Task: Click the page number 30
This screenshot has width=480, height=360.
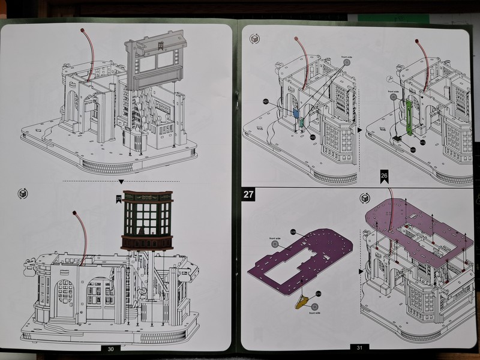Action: [110, 348]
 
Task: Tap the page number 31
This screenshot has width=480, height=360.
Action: [359, 347]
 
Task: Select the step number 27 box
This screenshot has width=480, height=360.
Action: [248, 195]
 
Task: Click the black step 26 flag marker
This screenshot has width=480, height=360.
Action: [383, 176]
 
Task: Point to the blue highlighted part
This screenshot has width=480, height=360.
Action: [296, 113]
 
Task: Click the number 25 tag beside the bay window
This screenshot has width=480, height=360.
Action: [119, 198]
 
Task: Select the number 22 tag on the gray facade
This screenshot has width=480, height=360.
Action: [161, 44]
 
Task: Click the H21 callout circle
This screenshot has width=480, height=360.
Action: [265, 102]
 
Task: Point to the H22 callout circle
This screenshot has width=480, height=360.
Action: [313, 137]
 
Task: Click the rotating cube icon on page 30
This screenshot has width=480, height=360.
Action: [23, 193]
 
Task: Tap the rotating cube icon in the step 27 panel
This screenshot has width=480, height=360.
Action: [364, 197]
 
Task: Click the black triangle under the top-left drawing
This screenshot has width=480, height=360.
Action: [121, 181]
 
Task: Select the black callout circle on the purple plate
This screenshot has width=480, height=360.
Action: [293, 231]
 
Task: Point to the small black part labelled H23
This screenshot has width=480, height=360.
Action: [397, 139]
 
